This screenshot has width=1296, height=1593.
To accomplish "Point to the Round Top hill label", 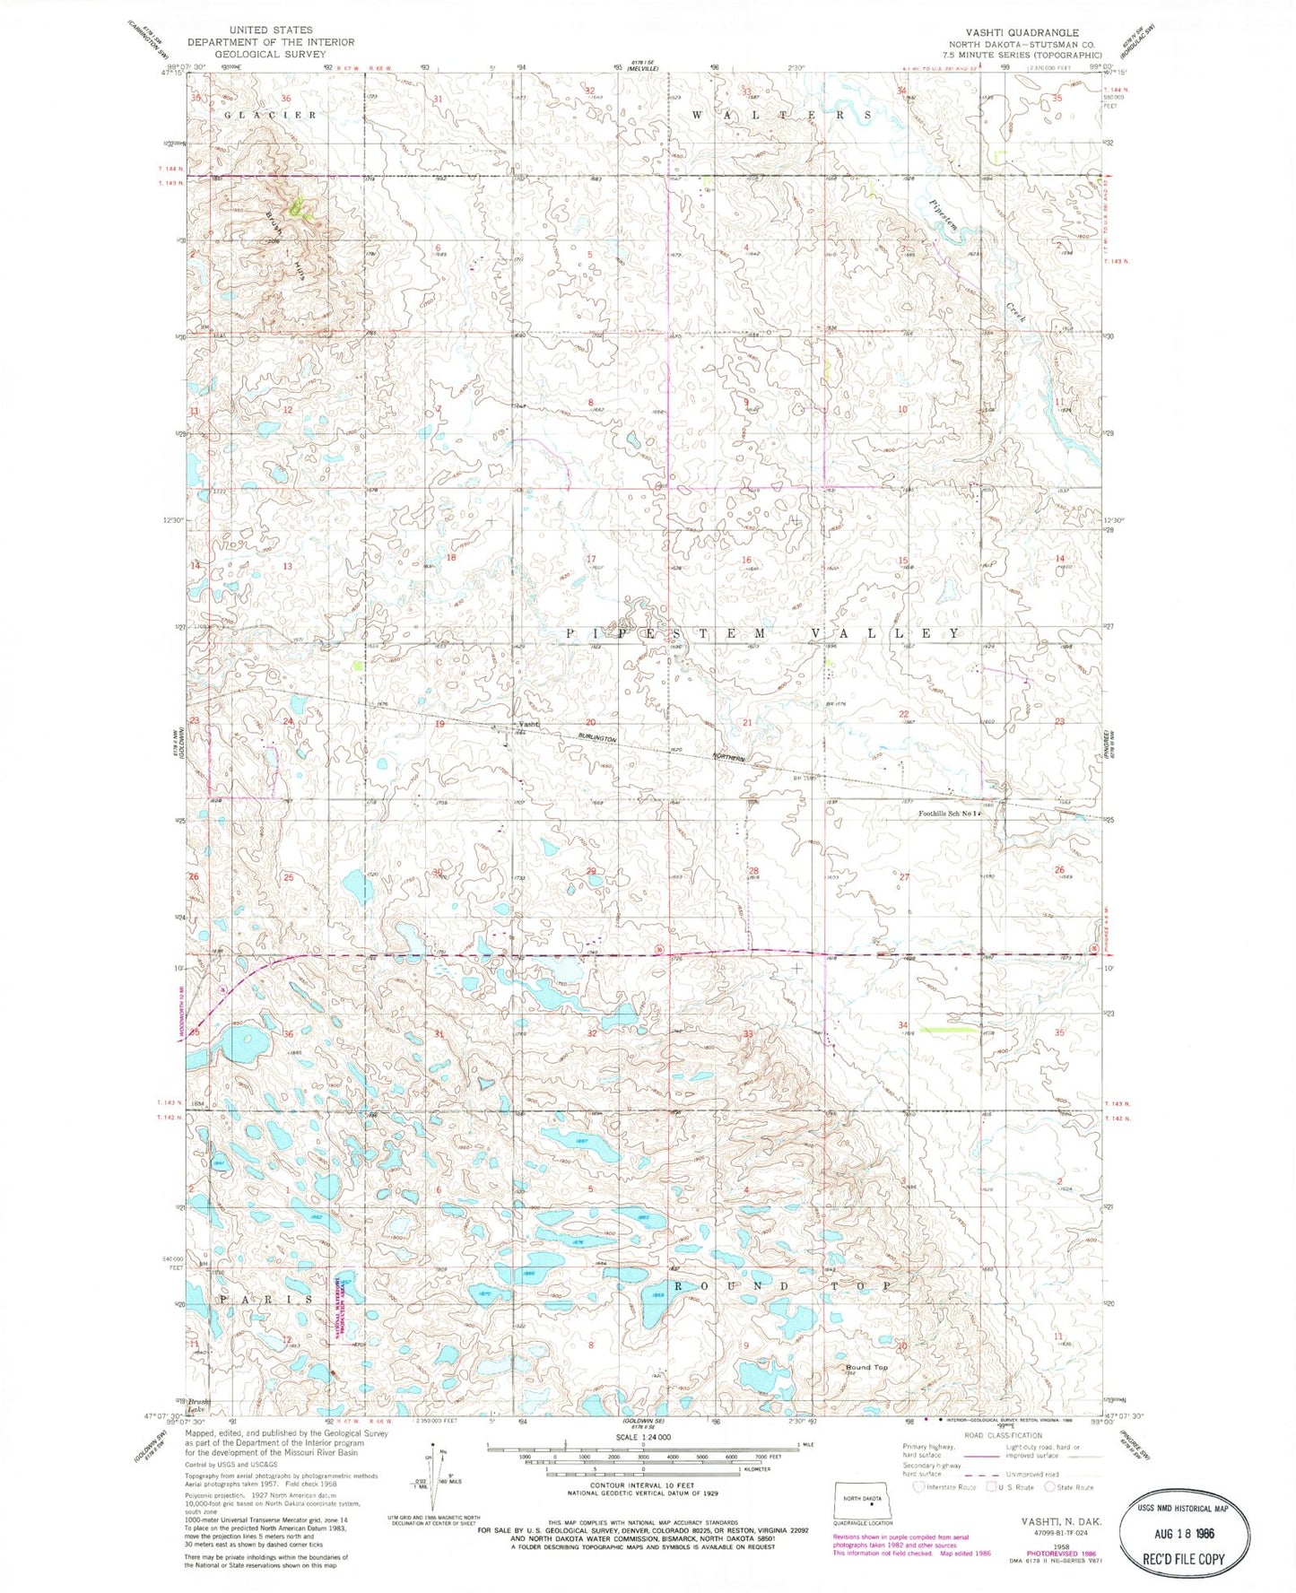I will pos(866,1368).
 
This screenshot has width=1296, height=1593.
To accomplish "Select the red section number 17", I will pos(591,560).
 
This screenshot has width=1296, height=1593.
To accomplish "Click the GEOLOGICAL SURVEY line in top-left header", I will pos(270,54).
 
